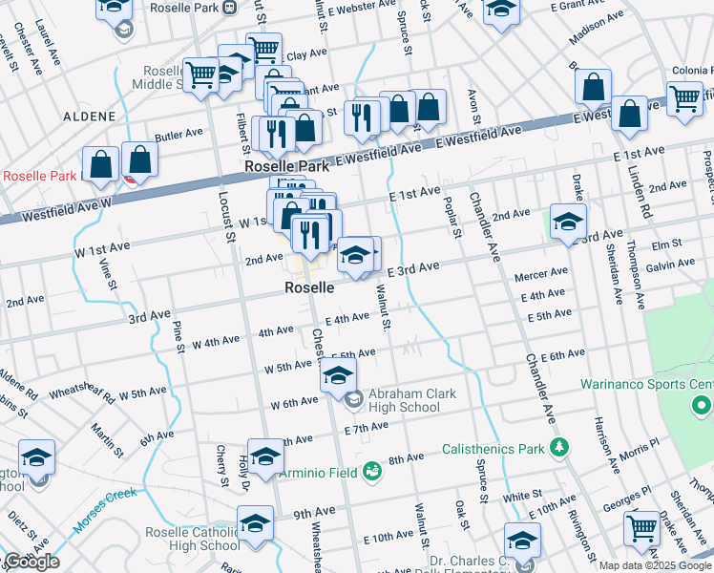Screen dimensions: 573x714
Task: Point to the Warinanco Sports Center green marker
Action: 703,408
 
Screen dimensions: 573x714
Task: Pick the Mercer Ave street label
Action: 541,274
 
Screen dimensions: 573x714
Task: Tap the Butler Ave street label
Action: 179,135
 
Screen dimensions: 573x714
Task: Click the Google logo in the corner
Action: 31,562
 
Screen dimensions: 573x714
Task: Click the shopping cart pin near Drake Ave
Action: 642,527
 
